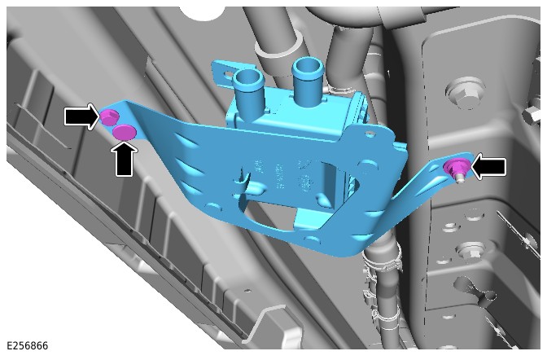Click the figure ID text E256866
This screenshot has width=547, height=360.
tap(27, 345)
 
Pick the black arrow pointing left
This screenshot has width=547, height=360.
tap(488, 166)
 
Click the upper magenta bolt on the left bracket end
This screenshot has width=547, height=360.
tap(110, 116)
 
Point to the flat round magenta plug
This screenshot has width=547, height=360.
tap(124, 131)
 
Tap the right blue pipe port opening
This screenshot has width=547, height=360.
tap(308, 65)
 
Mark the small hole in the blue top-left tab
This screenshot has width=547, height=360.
tap(229, 73)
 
